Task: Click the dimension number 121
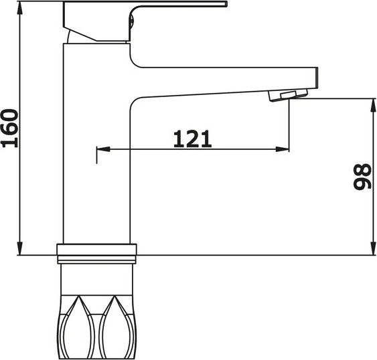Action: (x=192, y=139)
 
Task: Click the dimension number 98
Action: (x=362, y=177)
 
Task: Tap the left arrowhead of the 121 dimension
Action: (x=102, y=149)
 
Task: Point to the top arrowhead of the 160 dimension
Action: (x=21, y=9)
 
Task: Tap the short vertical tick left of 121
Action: (x=97, y=153)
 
